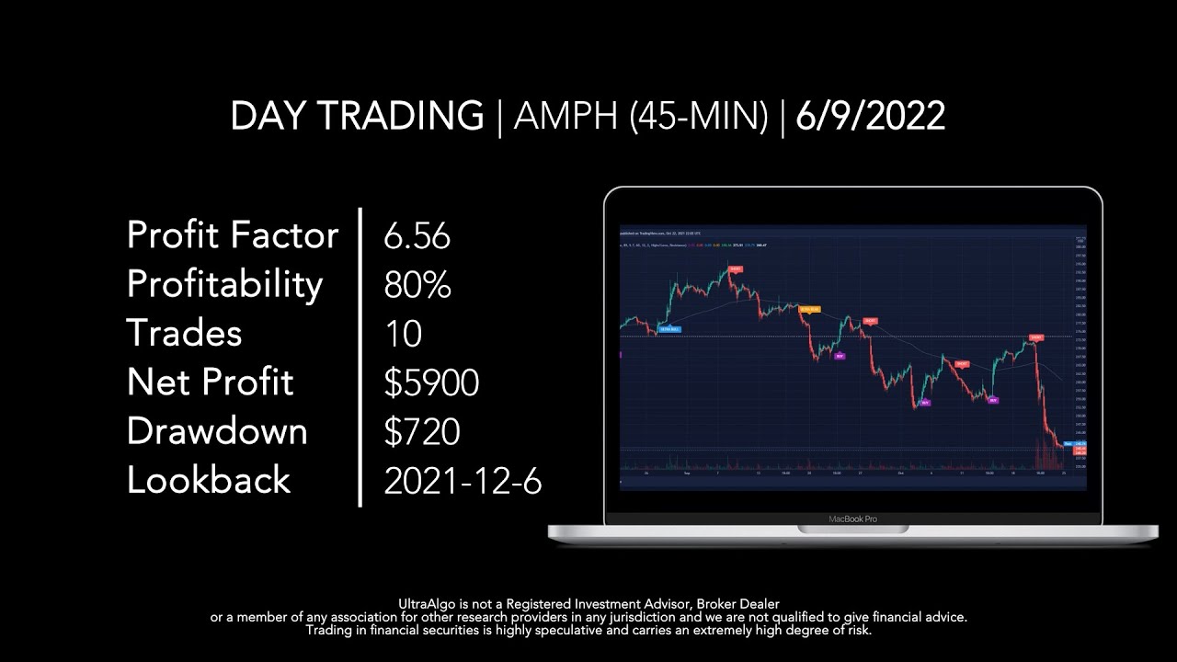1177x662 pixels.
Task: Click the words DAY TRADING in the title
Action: click(357, 117)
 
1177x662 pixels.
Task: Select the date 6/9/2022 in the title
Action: click(870, 117)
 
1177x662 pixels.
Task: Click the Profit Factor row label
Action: click(233, 235)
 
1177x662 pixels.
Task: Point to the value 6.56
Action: click(417, 236)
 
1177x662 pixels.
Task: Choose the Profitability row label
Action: click(224, 285)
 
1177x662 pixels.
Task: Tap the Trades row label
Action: click(184, 333)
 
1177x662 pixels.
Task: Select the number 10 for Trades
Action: click(403, 334)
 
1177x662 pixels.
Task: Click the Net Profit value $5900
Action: click(431, 382)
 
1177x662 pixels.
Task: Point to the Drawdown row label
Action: click(217, 431)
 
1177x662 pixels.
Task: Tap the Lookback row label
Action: click(209, 480)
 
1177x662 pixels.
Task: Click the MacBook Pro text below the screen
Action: click(852, 519)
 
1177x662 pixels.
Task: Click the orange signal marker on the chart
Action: click(809, 310)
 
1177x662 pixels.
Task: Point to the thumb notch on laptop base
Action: click(852, 530)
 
